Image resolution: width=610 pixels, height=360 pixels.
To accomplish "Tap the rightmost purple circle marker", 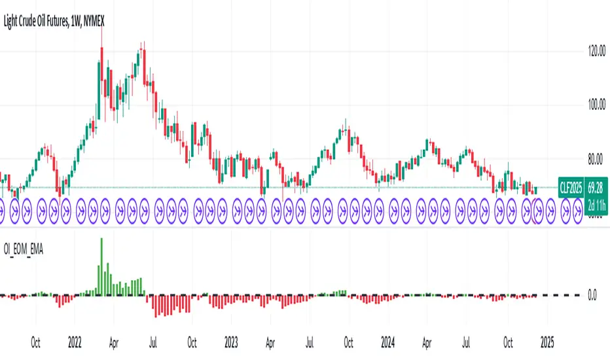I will [x=578, y=210].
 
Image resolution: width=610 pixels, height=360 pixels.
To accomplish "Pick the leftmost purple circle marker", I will [x=2, y=210].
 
